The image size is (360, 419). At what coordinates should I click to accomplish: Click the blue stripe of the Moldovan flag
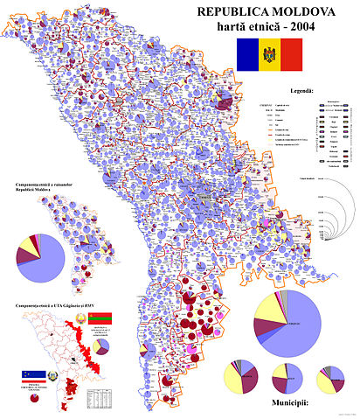tap(244, 54)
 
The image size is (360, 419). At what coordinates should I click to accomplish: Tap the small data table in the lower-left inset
tap(99, 399)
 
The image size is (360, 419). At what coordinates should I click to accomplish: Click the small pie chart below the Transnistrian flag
tap(102, 346)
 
